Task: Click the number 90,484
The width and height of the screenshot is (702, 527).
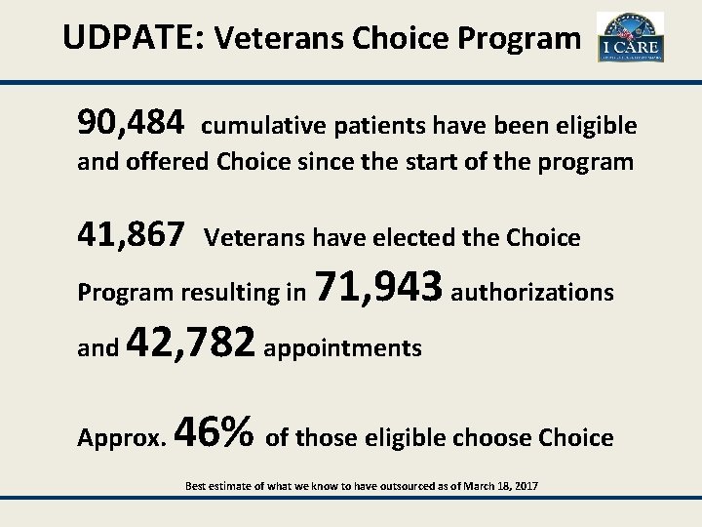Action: (x=131, y=122)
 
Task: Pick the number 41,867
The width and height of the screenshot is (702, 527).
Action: (x=131, y=234)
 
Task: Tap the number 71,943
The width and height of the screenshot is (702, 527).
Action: (x=381, y=288)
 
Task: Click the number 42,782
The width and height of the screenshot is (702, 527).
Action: (x=191, y=344)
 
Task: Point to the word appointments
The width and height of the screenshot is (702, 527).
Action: (x=342, y=348)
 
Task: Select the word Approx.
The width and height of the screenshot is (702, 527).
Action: (x=121, y=438)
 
